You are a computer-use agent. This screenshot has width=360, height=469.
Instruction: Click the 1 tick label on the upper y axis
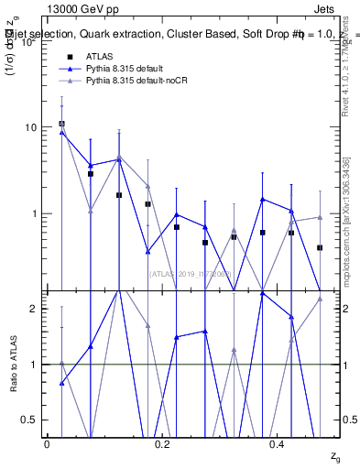point(35,213)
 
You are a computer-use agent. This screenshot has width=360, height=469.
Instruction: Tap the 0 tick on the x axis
point(47,443)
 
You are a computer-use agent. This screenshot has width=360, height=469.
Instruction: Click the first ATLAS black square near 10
point(61,124)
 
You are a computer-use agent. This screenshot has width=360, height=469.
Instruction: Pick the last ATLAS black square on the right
point(320,247)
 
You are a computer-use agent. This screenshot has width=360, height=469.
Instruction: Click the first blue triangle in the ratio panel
point(61,383)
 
